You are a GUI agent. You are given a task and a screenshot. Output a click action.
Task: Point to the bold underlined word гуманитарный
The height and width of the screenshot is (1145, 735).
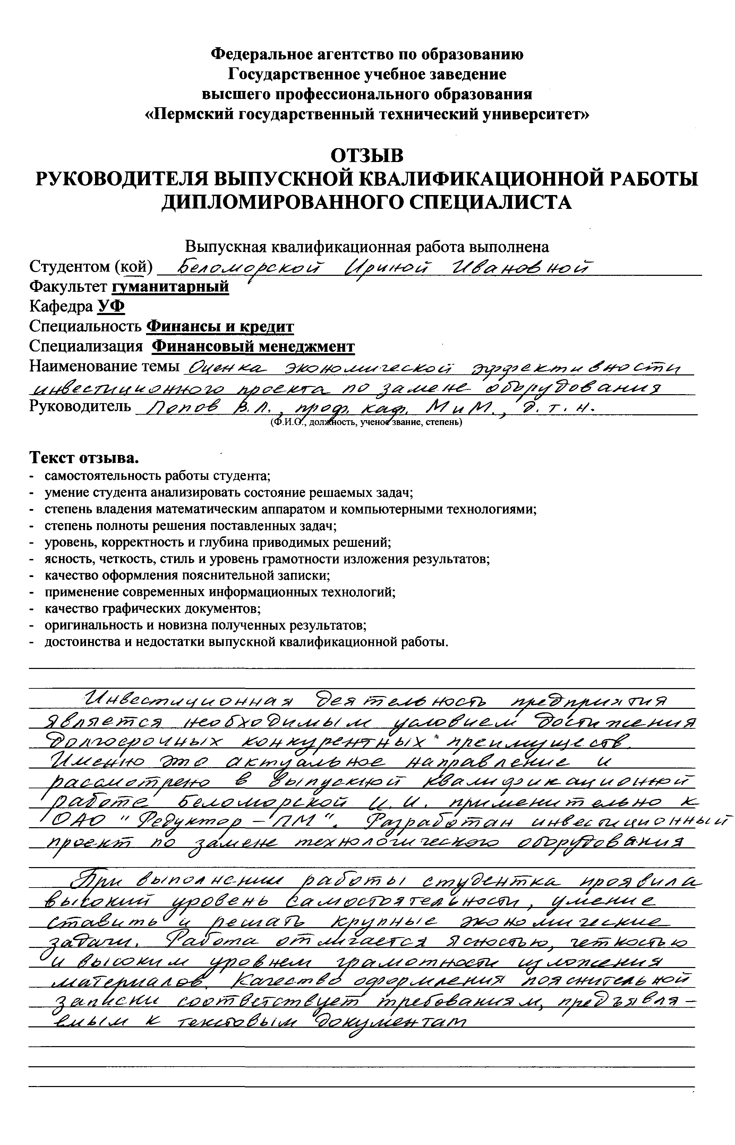(x=170, y=287)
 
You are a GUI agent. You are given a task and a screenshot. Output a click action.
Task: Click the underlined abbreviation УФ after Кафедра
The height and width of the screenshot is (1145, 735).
(x=111, y=307)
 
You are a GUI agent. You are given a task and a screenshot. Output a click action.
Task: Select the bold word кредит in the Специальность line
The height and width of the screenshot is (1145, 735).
(x=267, y=326)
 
